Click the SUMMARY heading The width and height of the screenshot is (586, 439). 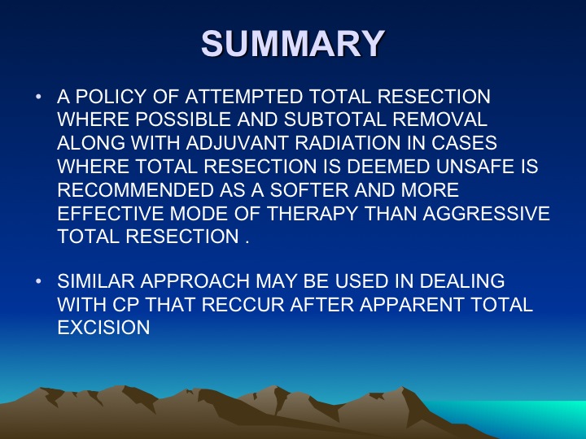coord(293,43)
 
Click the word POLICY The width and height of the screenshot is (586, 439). coord(111,97)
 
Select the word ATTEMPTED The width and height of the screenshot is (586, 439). coord(243,97)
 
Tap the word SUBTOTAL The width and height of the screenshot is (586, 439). coord(335,120)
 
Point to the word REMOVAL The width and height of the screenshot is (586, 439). coord(440,120)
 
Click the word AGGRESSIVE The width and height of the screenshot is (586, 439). coord(486,214)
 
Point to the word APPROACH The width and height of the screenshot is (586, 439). coord(195,281)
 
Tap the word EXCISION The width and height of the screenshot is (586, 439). coord(104,328)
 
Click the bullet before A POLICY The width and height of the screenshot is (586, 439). coord(38,97)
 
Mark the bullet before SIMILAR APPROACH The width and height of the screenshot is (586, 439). coord(38,281)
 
